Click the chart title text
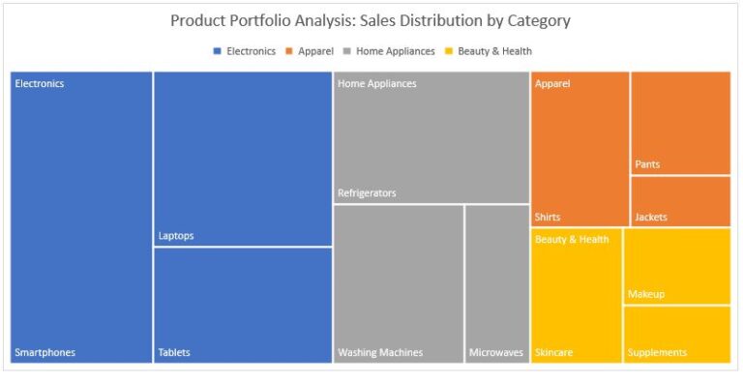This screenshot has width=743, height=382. [x=371, y=20]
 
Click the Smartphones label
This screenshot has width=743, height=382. [x=45, y=352]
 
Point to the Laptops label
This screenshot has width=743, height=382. [x=176, y=235]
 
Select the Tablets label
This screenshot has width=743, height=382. [x=174, y=352]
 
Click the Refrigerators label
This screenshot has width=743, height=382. [x=367, y=193]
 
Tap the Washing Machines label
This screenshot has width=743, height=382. [x=380, y=352]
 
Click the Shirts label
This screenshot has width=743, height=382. [x=548, y=217]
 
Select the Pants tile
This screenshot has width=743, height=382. [x=680, y=123]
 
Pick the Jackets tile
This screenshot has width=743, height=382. [x=680, y=201]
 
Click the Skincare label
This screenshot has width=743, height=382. [x=553, y=352]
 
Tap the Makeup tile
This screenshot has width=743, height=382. [x=676, y=266]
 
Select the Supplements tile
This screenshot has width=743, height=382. [x=676, y=334]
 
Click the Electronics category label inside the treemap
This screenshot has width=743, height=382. [x=40, y=83]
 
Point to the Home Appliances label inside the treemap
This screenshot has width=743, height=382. [x=376, y=83]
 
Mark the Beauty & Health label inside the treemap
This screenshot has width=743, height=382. [x=572, y=239]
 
